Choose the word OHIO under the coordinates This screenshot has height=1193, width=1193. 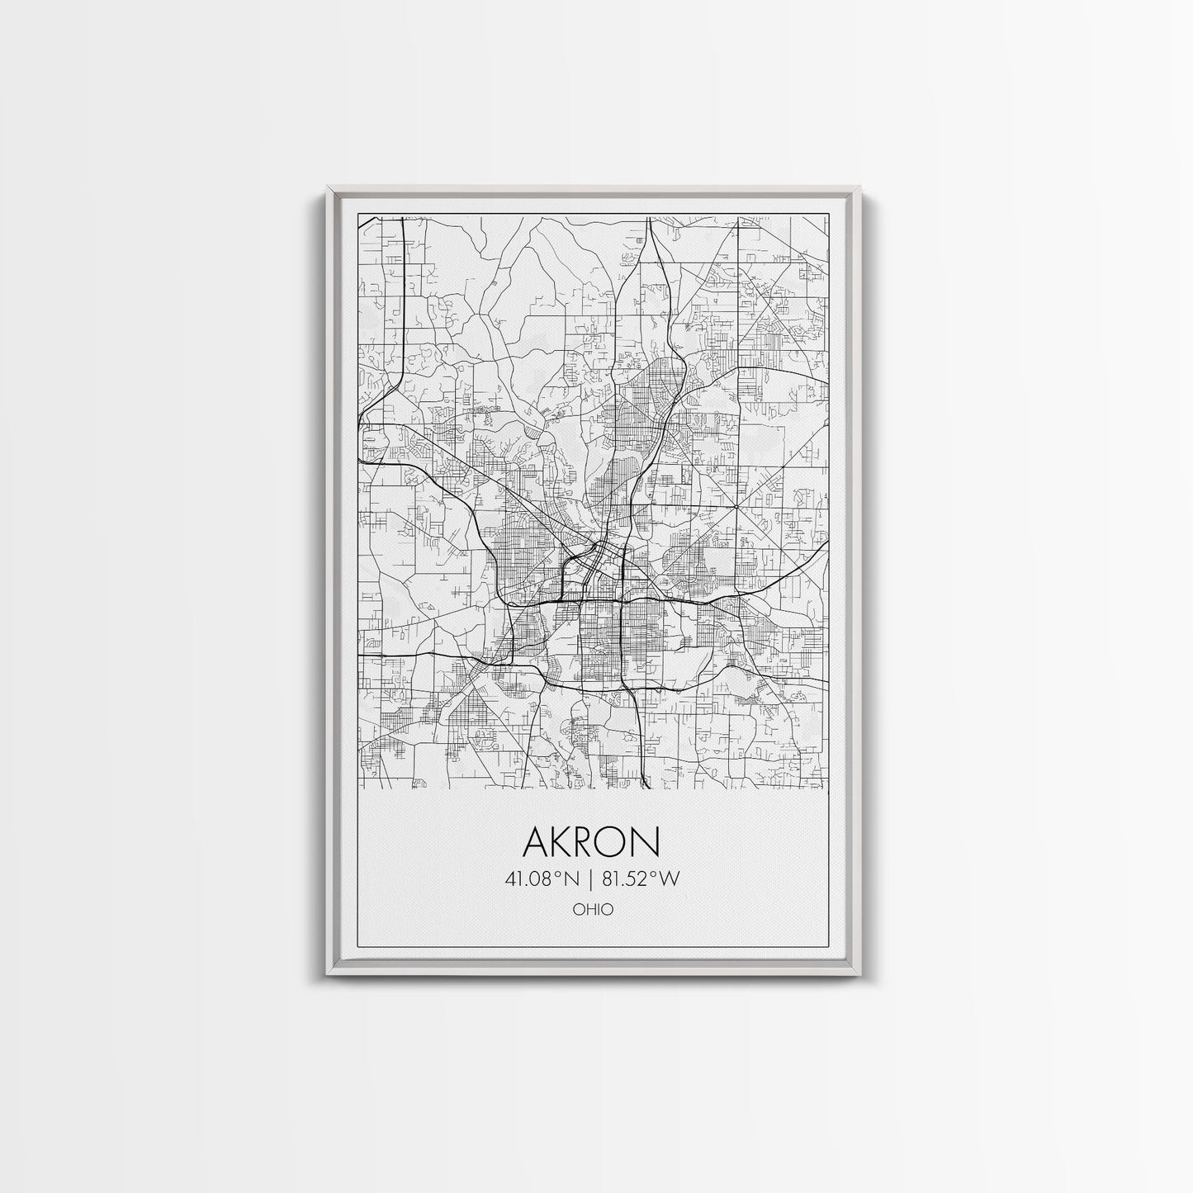click(592, 910)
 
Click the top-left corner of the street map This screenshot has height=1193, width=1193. click(357, 217)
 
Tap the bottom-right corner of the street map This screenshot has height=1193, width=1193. click(827, 789)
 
